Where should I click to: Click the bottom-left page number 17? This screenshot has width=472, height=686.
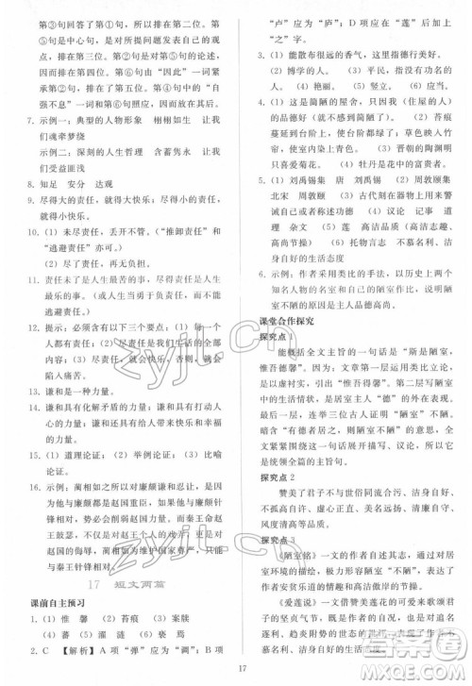[242, 670]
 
